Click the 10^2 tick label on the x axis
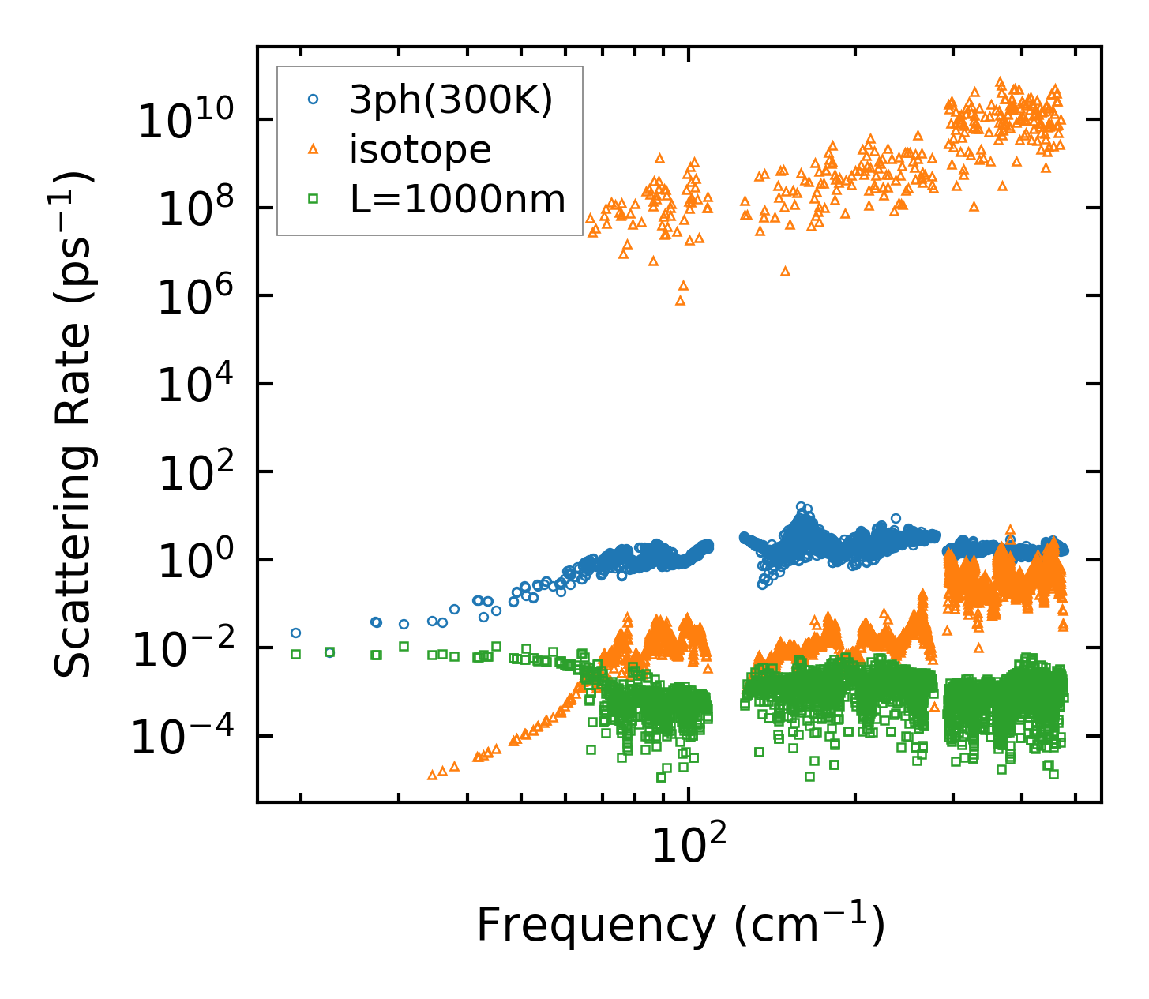coord(689,847)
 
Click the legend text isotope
coord(420,149)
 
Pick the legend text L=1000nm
coord(458,199)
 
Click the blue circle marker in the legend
coord(314,100)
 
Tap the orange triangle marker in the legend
coord(314,149)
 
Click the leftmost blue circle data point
coord(295,633)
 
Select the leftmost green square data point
coord(295,654)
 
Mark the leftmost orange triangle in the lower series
coord(432,775)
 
